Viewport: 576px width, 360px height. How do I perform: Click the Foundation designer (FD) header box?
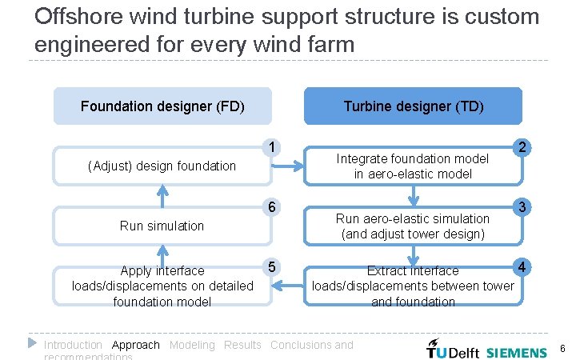[162, 106]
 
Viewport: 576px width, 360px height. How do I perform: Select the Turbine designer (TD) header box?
[413, 106]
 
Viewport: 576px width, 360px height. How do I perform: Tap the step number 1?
[274, 146]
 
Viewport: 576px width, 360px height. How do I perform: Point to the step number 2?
[522, 147]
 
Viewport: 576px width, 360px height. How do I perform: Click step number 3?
[522, 207]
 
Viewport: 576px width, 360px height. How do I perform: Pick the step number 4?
[522, 266]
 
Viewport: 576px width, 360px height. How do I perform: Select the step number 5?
[274, 266]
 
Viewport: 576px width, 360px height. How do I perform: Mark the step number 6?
[274, 207]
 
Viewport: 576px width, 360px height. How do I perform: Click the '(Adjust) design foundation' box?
[162, 166]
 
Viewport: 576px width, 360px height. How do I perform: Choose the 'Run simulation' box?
[162, 226]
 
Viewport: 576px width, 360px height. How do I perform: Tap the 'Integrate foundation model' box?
[413, 166]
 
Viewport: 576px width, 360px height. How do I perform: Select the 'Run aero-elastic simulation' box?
[413, 226]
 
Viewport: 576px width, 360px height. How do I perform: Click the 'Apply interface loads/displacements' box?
[162, 286]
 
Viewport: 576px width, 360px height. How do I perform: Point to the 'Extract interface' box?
[413, 286]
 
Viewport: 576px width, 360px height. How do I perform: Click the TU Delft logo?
[453, 350]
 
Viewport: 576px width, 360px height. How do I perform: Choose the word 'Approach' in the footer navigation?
[136, 345]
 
